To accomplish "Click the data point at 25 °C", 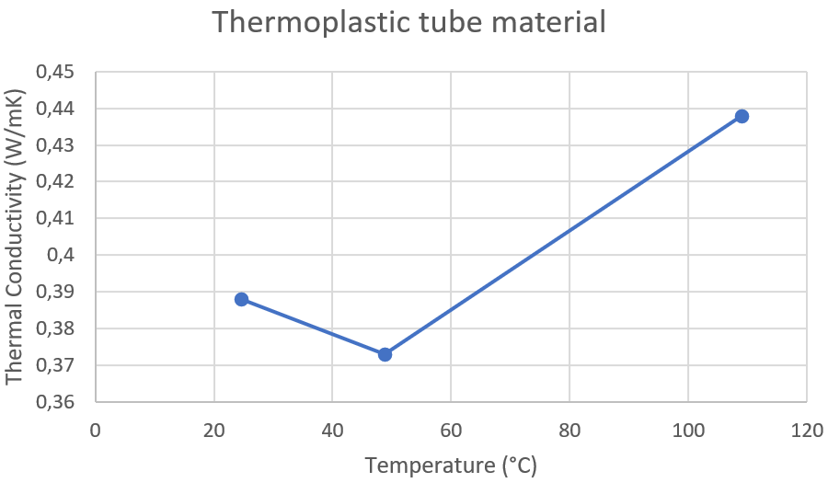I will click(x=241, y=299).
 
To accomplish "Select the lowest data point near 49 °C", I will click(x=385, y=354).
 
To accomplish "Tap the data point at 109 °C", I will click(x=742, y=116).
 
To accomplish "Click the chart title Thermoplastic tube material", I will click(x=408, y=21).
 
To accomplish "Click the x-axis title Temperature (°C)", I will click(x=450, y=466).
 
